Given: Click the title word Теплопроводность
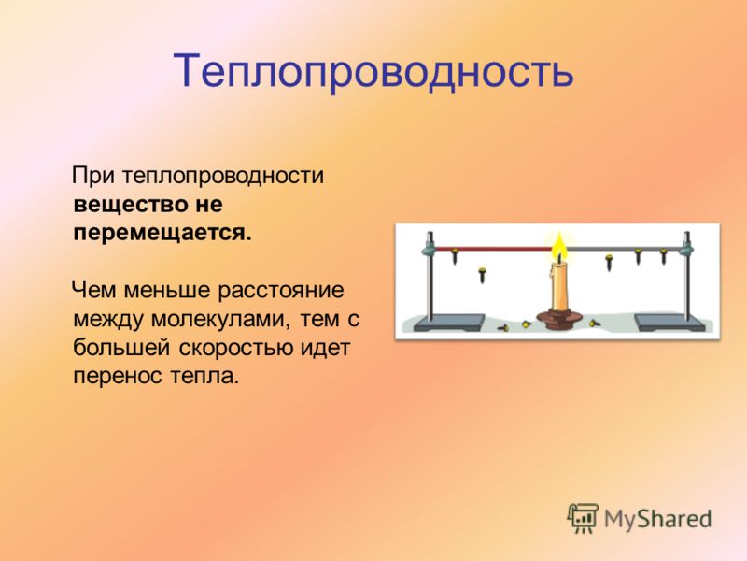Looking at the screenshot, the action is [x=373, y=72].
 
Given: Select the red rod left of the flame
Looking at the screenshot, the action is [x=494, y=249].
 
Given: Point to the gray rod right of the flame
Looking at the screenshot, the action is [x=623, y=249].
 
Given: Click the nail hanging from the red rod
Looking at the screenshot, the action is [x=454, y=255].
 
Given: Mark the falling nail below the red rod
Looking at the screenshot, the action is [x=482, y=275].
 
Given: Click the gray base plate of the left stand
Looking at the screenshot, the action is [x=449, y=322].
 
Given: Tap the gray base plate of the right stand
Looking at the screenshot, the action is [x=669, y=322].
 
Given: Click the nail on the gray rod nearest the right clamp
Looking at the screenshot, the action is [x=663, y=255].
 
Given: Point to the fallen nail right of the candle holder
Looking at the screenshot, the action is [x=594, y=324].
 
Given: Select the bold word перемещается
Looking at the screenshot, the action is [x=162, y=233].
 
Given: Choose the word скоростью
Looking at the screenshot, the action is [x=236, y=347].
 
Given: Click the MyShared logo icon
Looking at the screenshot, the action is [x=582, y=518].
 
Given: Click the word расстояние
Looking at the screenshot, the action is [x=281, y=290].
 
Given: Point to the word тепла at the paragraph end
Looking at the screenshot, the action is [x=204, y=376].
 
